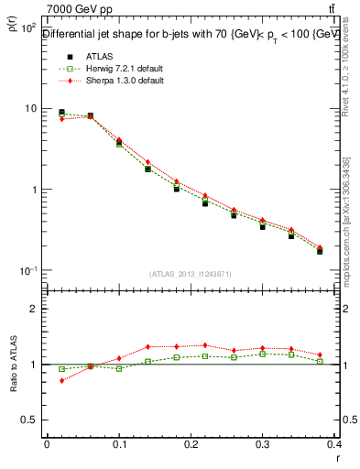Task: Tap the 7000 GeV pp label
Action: pyautogui.click(x=78, y=9)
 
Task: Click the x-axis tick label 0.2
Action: pyautogui.click(x=191, y=443)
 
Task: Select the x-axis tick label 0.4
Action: pyautogui.click(x=333, y=443)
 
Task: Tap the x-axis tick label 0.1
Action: pyautogui.click(x=118, y=443)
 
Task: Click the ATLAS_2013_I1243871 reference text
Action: pyautogui.click(x=190, y=274)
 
